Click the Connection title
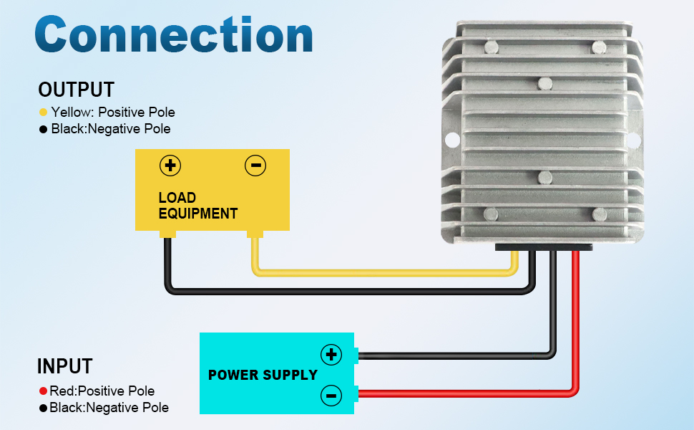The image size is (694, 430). [x=173, y=36]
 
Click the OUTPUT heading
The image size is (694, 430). [x=76, y=90]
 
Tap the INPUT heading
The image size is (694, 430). [x=64, y=366]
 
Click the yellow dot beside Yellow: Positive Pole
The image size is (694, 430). [x=43, y=113]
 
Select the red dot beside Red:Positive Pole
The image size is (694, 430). [x=43, y=391]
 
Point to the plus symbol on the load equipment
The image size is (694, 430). [x=170, y=166]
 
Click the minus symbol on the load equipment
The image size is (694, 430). [x=255, y=166]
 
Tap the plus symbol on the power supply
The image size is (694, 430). [x=331, y=354]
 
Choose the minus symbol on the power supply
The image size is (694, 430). [x=331, y=393]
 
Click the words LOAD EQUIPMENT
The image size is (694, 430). [x=197, y=206]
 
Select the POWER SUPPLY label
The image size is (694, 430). [x=263, y=375]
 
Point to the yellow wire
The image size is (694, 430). [x=379, y=272]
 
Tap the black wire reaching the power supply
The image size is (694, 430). [x=458, y=354]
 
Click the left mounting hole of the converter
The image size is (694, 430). [x=451, y=139]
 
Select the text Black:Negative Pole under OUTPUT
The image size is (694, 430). [x=110, y=129]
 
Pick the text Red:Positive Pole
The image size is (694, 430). [x=102, y=391]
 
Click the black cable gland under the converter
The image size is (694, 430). [x=543, y=247]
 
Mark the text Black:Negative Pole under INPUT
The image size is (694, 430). [x=109, y=408]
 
